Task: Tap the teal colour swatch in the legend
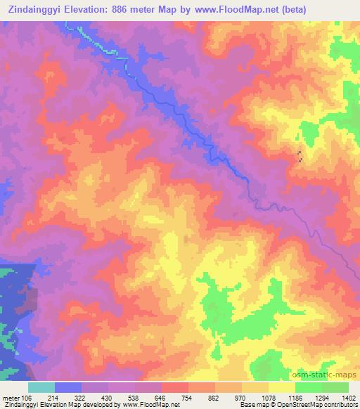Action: point(41,387)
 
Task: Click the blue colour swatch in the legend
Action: point(68,387)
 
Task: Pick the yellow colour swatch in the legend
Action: point(282,387)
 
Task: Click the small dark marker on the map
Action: point(300,157)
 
